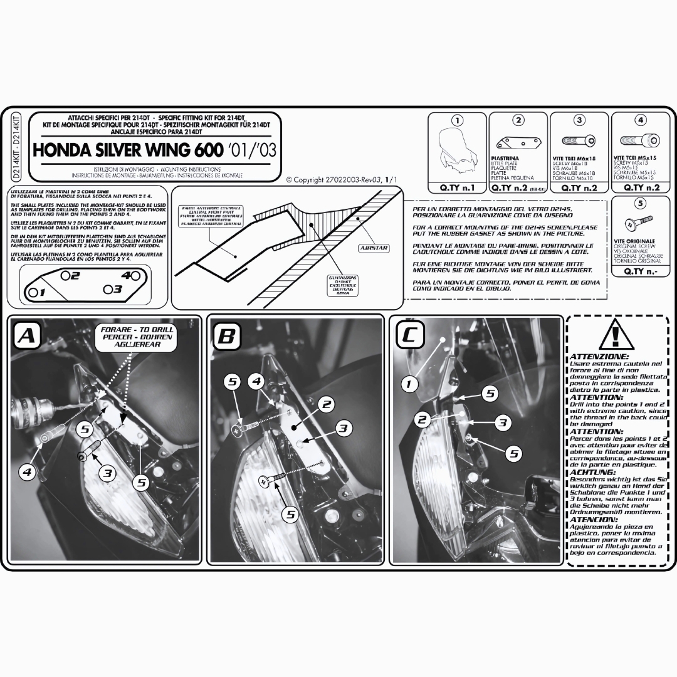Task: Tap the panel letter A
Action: (x=27, y=336)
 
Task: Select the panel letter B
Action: (x=225, y=337)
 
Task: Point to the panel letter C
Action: (x=408, y=336)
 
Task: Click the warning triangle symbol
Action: (x=617, y=337)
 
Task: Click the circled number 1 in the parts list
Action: (x=458, y=120)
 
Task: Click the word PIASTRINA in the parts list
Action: (x=505, y=159)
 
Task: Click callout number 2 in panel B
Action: (x=326, y=404)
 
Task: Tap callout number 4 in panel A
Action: (x=27, y=471)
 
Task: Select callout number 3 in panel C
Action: (x=501, y=422)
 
